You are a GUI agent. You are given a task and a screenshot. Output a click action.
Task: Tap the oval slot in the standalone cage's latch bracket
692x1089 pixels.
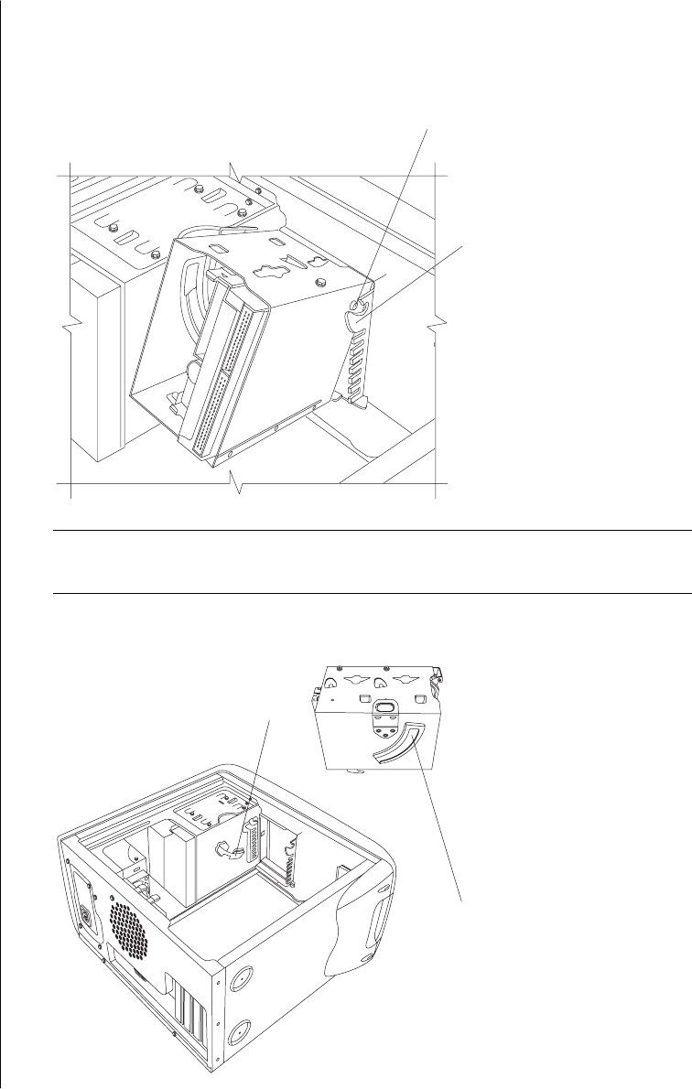pos(384,707)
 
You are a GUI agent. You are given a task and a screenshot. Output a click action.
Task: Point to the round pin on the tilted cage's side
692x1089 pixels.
pos(361,308)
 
